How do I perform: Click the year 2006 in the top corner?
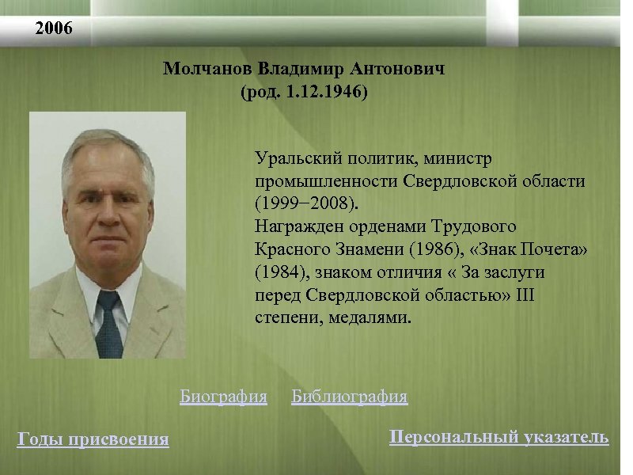click(54, 30)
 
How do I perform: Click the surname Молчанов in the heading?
click(201, 69)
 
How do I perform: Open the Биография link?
click(223, 396)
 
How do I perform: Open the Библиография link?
click(349, 396)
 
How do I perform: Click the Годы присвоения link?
click(93, 439)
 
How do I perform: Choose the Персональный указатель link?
click(499, 437)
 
